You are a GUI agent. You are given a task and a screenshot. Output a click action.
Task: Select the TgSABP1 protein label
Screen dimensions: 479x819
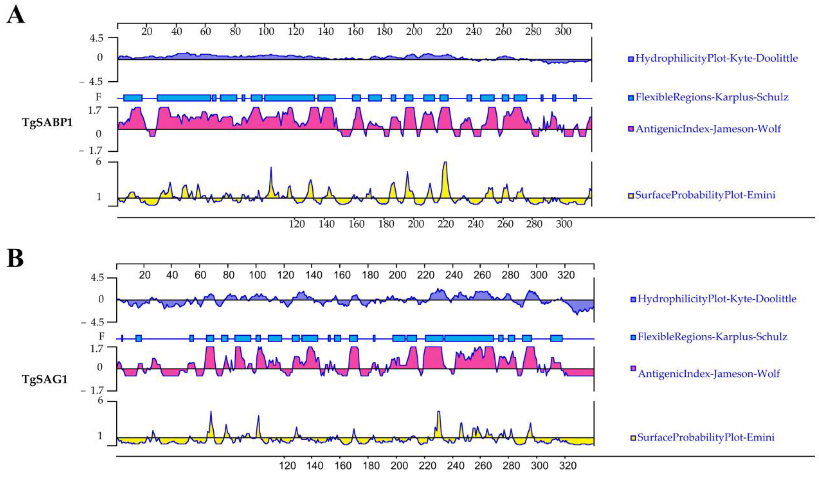tap(47, 123)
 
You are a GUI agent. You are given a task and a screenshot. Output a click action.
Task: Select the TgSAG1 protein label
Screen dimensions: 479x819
tap(45, 379)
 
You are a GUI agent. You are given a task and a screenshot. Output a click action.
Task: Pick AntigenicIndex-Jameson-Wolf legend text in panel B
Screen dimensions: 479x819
tap(708, 374)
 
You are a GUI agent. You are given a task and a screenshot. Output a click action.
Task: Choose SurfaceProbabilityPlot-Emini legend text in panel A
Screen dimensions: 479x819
tap(705, 195)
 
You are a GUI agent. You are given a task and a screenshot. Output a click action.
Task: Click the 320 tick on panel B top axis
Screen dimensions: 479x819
tap(566, 275)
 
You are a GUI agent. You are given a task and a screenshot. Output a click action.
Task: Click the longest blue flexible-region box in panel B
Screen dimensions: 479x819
tap(469, 338)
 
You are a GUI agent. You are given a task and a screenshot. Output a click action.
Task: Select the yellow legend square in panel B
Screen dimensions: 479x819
tap(633, 438)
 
